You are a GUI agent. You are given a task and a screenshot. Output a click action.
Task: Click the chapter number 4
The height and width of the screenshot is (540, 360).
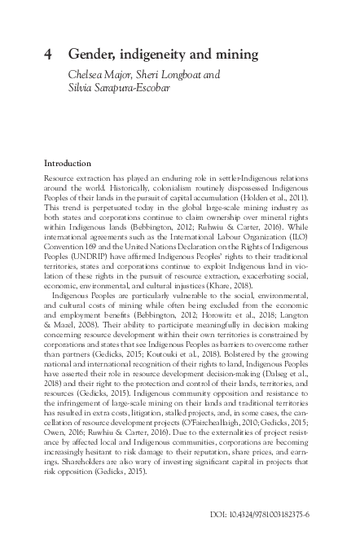click(47, 55)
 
